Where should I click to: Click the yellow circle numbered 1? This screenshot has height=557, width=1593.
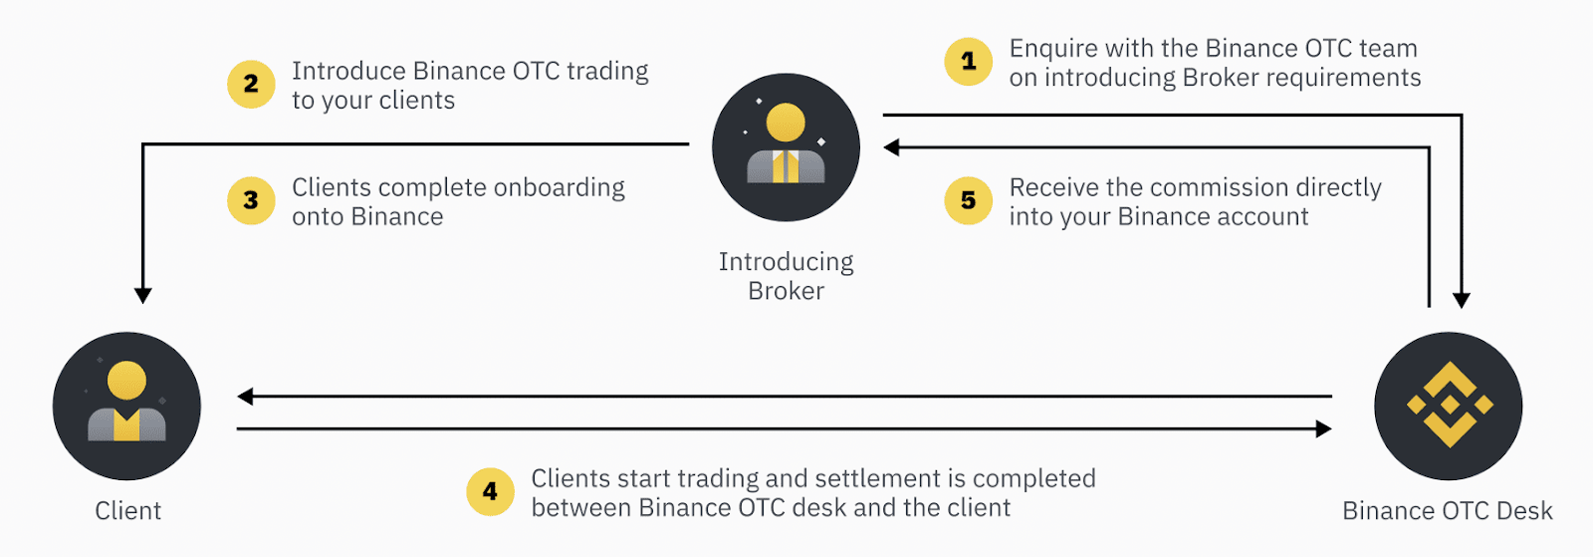tap(968, 62)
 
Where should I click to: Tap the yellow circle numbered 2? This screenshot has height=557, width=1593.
tap(251, 85)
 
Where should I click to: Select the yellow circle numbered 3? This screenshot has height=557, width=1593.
tap(251, 200)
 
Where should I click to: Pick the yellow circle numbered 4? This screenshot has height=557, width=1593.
tap(490, 491)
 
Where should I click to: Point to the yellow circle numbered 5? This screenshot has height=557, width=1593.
tap(968, 200)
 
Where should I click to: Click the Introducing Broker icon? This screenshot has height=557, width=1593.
tap(786, 147)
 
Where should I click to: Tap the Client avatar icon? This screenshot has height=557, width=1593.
tap(126, 406)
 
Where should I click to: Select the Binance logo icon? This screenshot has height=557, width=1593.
tap(1448, 406)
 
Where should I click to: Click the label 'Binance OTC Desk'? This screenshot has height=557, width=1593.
tap(1447, 511)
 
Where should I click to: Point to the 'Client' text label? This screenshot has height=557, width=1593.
tap(127, 511)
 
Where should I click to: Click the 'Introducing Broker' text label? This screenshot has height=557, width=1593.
tap(786, 276)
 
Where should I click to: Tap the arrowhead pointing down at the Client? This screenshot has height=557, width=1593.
tap(143, 295)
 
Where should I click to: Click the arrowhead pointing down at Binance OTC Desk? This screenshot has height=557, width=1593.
tap(1461, 300)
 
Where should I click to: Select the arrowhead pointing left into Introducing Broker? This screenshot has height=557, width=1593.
tap(892, 147)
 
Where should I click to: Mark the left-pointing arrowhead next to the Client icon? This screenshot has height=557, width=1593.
tap(245, 397)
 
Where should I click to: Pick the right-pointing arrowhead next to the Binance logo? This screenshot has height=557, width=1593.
tap(1323, 429)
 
